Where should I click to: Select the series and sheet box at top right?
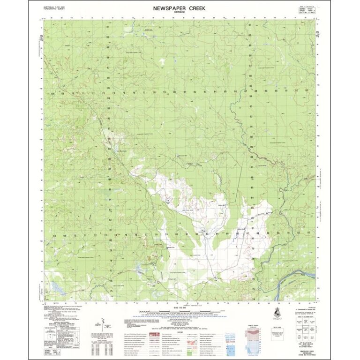coord(307,11)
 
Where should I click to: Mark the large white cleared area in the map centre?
coord(206,225)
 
